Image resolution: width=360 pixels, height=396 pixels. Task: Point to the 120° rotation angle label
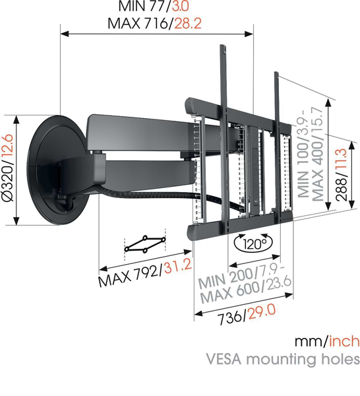tap(254, 244)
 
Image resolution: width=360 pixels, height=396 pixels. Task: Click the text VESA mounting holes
tap(283, 359)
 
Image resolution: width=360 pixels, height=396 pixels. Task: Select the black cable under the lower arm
tap(152, 195)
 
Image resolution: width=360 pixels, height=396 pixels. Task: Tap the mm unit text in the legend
tap(308, 341)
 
